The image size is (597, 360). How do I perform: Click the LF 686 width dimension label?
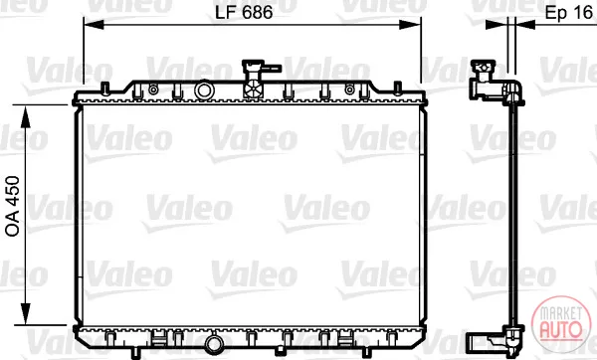pyautogui.click(x=244, y=12)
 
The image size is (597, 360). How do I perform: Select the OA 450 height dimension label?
pyautogui.click(x=13, y=206)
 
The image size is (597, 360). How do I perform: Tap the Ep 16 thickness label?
pyautogui.click(x=569, y=13)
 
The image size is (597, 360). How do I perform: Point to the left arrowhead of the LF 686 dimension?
pyautogui.click(x=94, y=25)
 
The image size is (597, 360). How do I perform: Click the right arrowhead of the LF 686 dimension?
pyautogui.click(x=410, y=25)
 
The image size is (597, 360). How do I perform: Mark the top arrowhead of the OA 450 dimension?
pyautogui.click(x=26, y=116)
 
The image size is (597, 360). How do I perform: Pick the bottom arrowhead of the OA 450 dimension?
pyautogui.click(x=26, y=314)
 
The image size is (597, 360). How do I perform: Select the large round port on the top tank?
pyautogui.click(x=204, y=90)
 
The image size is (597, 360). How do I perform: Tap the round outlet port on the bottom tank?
pyautogui.click(x=214, y=344)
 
